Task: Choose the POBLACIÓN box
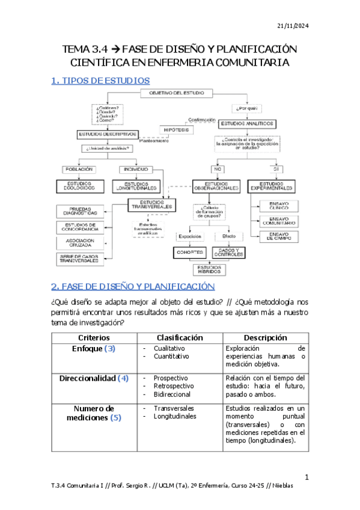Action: [x=79, y=169]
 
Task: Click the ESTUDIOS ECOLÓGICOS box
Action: [x=80, y=186]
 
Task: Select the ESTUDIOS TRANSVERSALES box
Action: [x=151, y=204]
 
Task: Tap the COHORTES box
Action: [x=189, y=253]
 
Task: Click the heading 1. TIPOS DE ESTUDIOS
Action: [x=100, y=80]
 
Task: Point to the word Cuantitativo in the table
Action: [x=173, y=356]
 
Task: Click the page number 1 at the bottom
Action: [x=307, y=478]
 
